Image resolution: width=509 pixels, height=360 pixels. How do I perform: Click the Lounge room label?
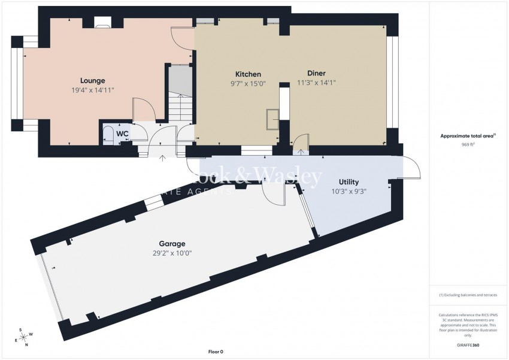click(93, 81)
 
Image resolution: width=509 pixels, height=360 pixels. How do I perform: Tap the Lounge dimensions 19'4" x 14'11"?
click(93, 90)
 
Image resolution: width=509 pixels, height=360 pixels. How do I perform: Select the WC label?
click(122, 133)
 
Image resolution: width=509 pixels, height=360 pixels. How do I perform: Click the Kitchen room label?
click(247, 74)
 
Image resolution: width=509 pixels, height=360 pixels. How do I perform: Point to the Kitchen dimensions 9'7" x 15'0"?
click(247, 84)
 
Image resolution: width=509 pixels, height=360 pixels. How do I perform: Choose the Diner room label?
click(317, 74)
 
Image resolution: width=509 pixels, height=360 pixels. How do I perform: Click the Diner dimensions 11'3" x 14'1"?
click(317, 84)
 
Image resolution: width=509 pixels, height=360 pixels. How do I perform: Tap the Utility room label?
click(349, 182)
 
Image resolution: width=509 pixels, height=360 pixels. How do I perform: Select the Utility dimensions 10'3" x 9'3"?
click(349, 192)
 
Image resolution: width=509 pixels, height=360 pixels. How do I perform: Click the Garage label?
click(171, 244)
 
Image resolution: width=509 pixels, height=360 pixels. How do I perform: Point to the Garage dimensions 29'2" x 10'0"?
click(171, 253)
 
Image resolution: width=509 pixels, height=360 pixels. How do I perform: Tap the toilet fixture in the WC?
click(109, 134)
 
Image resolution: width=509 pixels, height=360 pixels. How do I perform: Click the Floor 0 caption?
click(215, 352)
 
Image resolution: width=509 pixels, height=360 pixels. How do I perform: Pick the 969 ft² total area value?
click(468, 144)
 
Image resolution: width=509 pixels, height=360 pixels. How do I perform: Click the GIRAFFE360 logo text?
click(468, 345)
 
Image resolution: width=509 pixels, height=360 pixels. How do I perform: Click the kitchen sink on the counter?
click(273, 119)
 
